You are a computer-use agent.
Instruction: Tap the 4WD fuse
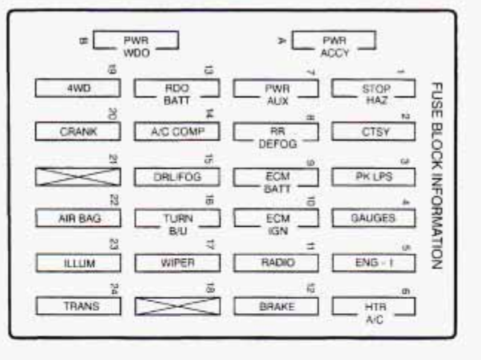point(77,89)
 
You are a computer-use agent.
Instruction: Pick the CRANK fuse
point(77,132)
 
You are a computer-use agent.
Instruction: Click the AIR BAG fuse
point(77,218)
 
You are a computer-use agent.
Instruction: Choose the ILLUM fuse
point(77,263)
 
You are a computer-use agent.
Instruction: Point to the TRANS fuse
point(77,306)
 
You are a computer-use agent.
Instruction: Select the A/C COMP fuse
point(176,132)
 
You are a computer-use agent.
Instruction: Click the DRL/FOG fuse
point(176,176)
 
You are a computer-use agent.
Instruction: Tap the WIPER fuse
point(176,263)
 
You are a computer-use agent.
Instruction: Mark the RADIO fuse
point(276,263)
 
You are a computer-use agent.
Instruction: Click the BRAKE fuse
point(276,306)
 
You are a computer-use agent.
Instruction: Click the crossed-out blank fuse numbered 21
point(77,176)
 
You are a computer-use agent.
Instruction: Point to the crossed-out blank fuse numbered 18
point(176,306)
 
